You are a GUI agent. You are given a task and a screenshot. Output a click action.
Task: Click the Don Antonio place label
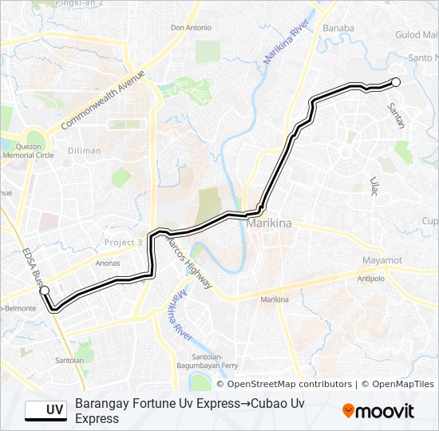pos(191,28)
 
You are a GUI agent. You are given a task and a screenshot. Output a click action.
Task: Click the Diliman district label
pos(85,151)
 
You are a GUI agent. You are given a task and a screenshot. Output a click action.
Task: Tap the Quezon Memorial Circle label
pos(27,151)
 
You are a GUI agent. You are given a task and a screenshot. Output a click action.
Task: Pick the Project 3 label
pos(123,243)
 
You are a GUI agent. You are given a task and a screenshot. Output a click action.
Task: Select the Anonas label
pos(107,263)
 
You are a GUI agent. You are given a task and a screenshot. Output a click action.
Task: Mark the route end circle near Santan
pos(395,82)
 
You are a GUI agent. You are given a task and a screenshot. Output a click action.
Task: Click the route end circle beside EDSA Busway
pos(45,291)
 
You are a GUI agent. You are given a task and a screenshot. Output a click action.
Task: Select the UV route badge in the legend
pos(46,411)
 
